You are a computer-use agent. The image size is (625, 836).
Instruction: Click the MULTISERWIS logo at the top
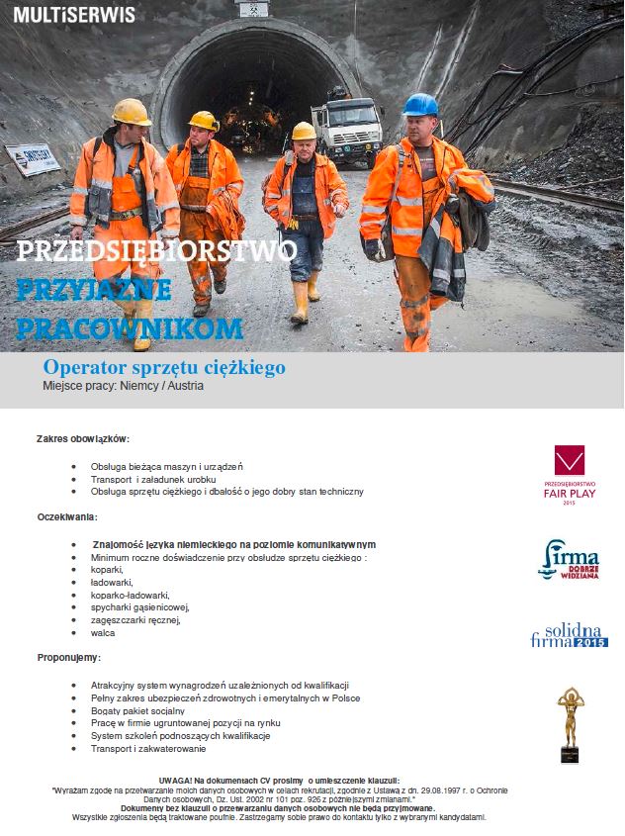pos(75,15)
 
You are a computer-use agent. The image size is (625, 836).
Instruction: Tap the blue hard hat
pos(420,105)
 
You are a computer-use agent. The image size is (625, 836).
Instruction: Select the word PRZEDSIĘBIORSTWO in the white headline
pos(157,250)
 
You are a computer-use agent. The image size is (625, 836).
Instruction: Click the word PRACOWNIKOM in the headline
pos(130,327)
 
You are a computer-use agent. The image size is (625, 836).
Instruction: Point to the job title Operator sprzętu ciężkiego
pos(164,367)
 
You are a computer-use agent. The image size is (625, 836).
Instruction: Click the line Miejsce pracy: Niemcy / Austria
pos(124,386)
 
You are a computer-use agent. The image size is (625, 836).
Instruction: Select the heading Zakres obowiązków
pos(83,438)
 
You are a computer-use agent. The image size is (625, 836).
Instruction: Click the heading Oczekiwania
pos(67,516)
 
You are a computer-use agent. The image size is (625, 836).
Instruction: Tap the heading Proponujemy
pos(70,657)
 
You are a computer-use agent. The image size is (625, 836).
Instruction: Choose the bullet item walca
pos(103,632)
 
